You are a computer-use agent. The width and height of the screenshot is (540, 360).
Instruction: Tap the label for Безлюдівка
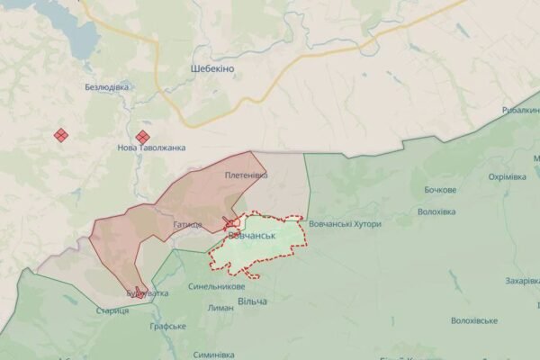[106, 87]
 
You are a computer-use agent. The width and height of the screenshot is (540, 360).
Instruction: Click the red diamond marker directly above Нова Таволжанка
[142, 137]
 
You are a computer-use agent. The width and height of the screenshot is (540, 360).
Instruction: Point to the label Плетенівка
[247, 175]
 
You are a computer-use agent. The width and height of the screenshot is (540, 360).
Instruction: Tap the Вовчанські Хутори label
[344, 223]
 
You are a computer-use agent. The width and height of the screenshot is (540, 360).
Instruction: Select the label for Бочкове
[440, 190]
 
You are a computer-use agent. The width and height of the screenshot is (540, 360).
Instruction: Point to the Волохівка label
[436, 212]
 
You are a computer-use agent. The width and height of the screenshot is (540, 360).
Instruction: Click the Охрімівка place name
[507, 176]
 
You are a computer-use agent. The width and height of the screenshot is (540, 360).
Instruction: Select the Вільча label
[252, 301]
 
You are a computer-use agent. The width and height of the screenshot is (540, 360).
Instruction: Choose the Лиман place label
[220, 308]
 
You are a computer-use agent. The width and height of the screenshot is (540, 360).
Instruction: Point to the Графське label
[167, 326]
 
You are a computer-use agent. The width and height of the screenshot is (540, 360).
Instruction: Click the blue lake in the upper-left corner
[76, 36]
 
